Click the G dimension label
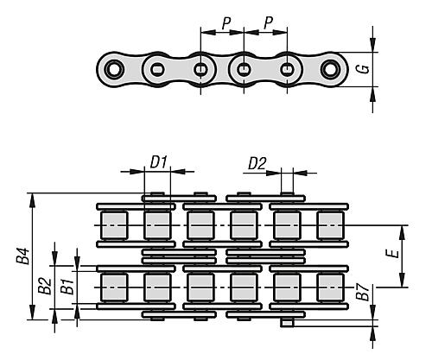(x=365, y=69)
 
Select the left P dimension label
(x=226, y=22)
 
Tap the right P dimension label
(x=269, y=22)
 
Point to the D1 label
(x=159, y=162)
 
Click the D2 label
(x=257, y=164)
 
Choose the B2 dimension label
(x=45, y=286)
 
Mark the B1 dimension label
(x=68, y=286)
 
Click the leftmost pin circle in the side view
(x=114, y=69)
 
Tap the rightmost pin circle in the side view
(x=330, y=69)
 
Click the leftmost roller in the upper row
(x=114, y=225)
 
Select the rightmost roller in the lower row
(x=330, y=287)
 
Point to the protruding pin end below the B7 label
(x=287, y=323)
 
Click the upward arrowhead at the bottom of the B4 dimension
(x=33, y=313)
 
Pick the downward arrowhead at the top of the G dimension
(x=373, y=46)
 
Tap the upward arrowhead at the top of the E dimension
(x=402, y=232)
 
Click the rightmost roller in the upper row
(x=330, y=225)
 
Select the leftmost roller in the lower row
(x=114, y=287)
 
